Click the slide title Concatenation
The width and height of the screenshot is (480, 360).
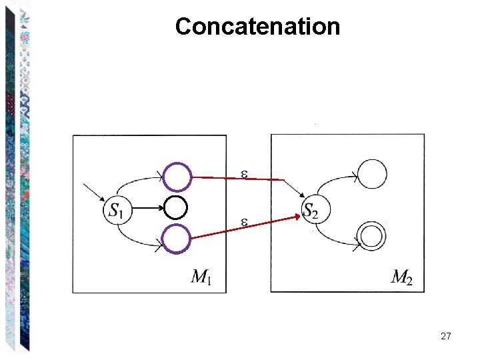[257, 27]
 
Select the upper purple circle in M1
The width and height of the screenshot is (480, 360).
[177, 177]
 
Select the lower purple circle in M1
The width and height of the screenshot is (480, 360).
[177, 238]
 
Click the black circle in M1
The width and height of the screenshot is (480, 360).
[177, 207]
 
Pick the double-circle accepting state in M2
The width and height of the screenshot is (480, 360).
[371, 237]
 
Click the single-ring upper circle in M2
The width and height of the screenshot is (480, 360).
[371, 174]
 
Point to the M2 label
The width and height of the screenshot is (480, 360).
[401, 277]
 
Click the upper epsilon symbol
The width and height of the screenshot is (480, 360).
[245, 174]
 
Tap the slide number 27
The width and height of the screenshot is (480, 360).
[446, 337]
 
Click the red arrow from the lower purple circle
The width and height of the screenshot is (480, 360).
[243, 227]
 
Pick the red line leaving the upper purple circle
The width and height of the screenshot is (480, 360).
[233, 178]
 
